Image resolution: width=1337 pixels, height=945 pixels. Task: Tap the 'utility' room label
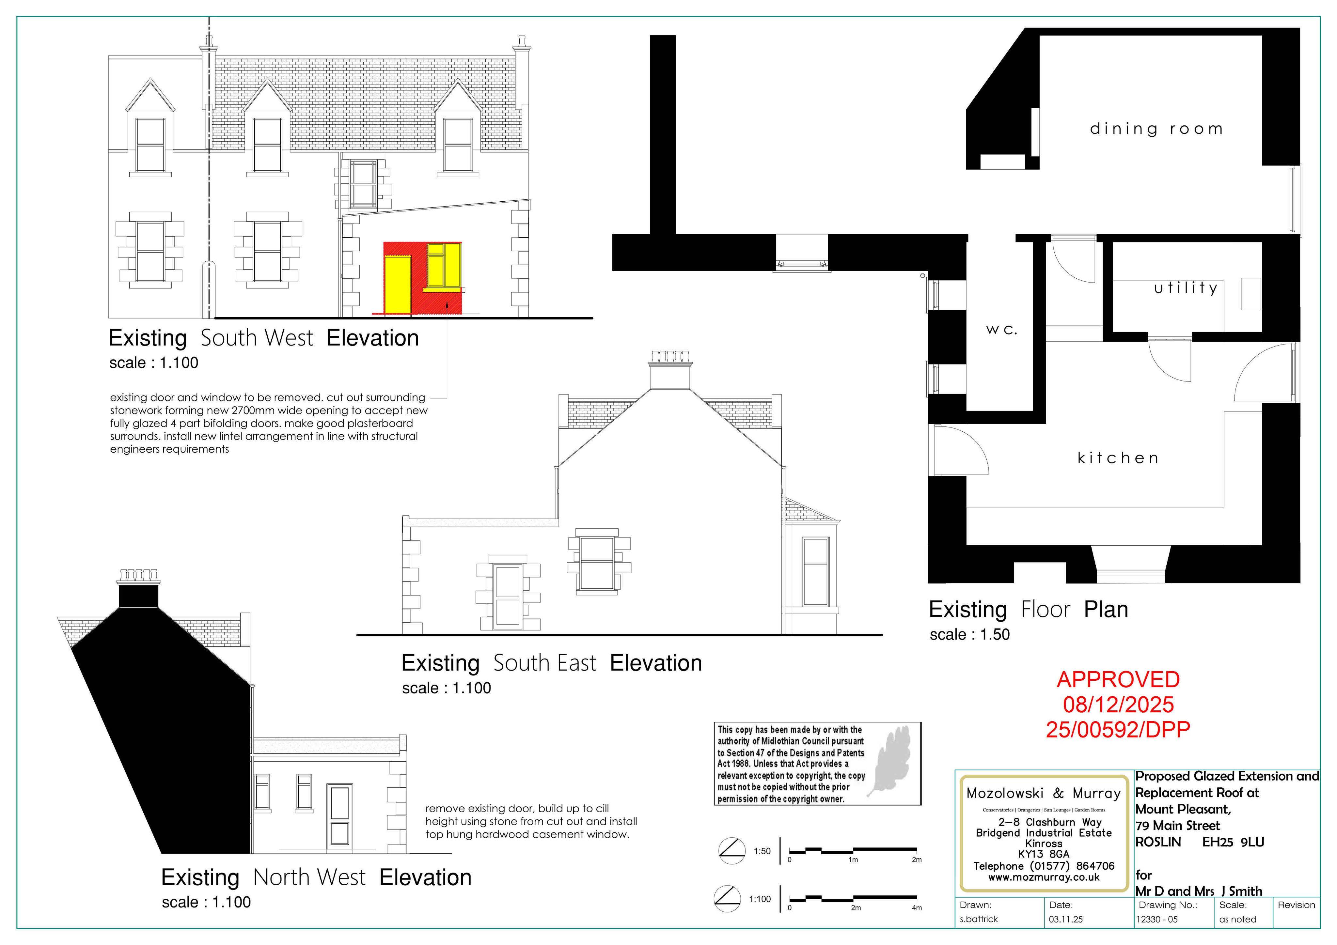[x=1186, y=287]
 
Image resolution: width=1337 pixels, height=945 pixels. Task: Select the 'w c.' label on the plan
[x=1001, y=330]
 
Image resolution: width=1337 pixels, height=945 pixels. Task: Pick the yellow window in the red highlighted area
[x=444, y=267]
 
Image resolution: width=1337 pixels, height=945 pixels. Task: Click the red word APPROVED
[x=1118, y=679]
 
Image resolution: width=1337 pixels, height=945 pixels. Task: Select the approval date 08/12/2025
[x=1118, y=705]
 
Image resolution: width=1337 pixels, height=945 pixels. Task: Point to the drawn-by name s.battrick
[x=979, y=919]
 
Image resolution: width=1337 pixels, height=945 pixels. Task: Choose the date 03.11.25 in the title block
[x=1066, y=919]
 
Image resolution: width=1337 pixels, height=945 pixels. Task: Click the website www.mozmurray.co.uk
[x=1044, y=877]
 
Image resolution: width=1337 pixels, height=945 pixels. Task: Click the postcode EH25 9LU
[x=1233, y=842]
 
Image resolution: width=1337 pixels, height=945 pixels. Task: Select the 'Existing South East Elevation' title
[x=551, y=663]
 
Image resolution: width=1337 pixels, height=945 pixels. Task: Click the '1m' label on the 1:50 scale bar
[x=853, y=860]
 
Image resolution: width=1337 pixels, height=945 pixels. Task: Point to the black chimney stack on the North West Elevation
[x=138, y=595]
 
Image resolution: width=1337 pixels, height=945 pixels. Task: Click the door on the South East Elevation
[x=508, y=597]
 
